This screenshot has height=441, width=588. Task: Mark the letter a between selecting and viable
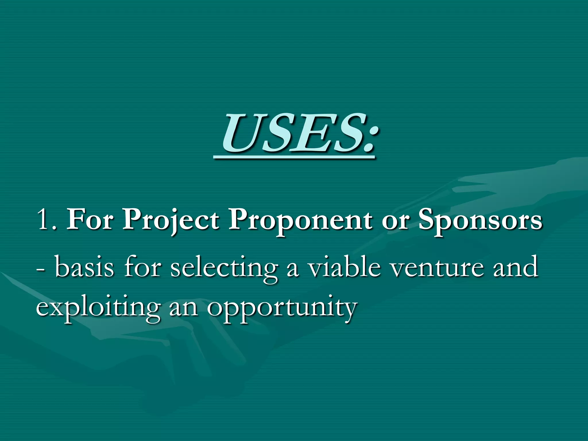[293, 270]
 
